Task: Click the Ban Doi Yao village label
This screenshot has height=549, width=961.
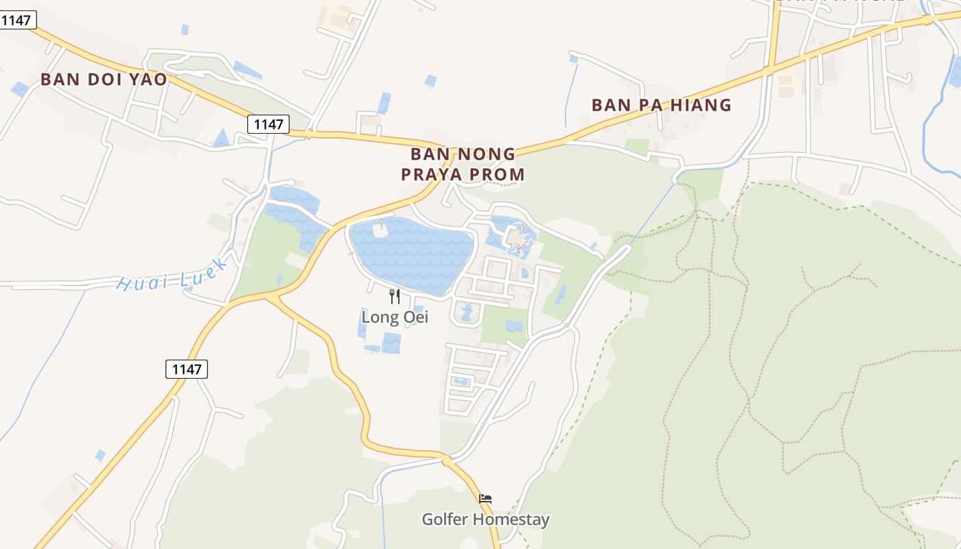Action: (x=104, y=80)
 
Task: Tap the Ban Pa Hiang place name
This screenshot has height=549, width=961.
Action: (x=661, y=105)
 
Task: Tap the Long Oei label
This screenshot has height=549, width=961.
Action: (x=395, y=317)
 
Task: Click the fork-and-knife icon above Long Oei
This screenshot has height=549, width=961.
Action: (x=395, y=296)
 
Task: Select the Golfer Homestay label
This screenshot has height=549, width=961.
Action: (x=485, y=519)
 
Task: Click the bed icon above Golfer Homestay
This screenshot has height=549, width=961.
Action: (x=485, y=499)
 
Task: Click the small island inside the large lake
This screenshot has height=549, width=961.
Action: (x=381, y=231)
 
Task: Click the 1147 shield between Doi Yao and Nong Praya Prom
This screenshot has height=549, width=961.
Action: (x=268, y=124)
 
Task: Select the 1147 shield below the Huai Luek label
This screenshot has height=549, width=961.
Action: (x=187, y=369)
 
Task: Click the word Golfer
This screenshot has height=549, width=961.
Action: (x=445, y=519)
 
